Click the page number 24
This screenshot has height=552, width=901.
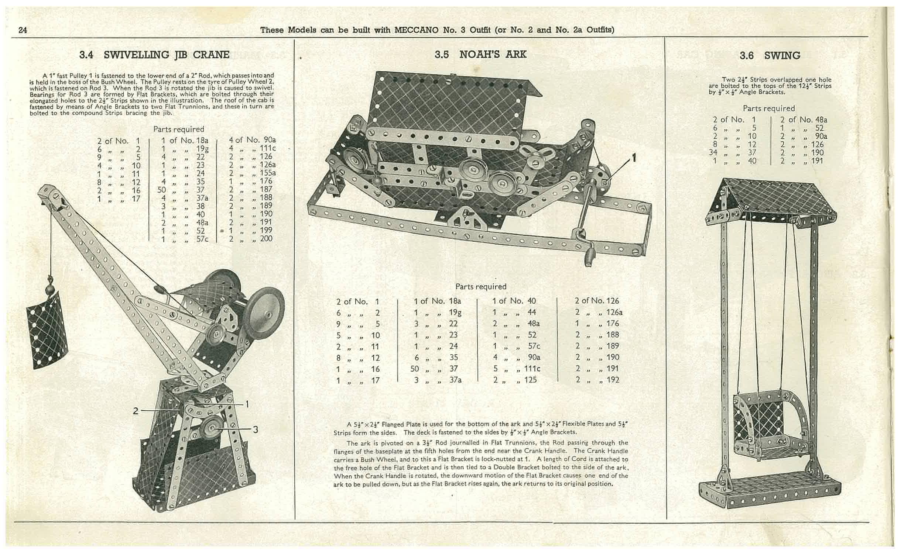[x=23, y=30]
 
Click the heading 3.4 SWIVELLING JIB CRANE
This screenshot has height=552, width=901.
[x=154, y=55]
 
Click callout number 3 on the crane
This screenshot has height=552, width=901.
[x=255, y=429]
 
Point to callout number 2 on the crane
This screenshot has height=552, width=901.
[x=136, y=411]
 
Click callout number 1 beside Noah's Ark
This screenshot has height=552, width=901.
[x=634, y=158]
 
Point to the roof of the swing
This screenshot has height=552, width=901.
[x=772, y=199]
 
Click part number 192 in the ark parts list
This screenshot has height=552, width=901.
[x=612, y=380]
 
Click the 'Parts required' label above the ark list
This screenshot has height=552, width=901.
[x=480, y=287]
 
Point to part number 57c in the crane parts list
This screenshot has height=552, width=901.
[x=202, y=239]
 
